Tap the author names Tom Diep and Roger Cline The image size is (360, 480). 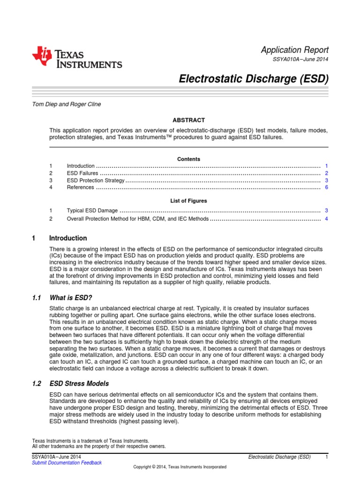tap(66, 104)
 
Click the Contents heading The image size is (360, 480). tap(188, 159)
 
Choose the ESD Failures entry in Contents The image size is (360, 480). tap(82, 173)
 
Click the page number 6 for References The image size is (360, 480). tap(326, 187)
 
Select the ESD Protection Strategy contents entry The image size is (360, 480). tap(96, 180)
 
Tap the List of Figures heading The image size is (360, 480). tap(188, 201)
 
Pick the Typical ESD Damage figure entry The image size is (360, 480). tap(92, 211)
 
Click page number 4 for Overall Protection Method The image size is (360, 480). tap(326, 218)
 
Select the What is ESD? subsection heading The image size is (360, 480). tap(71, 298)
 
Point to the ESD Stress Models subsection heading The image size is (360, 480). tap(79, 383)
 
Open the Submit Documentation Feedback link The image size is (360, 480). tap(67, 463)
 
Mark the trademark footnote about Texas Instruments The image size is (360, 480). tap(90, 441)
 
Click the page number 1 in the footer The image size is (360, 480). tap(326, 457)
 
